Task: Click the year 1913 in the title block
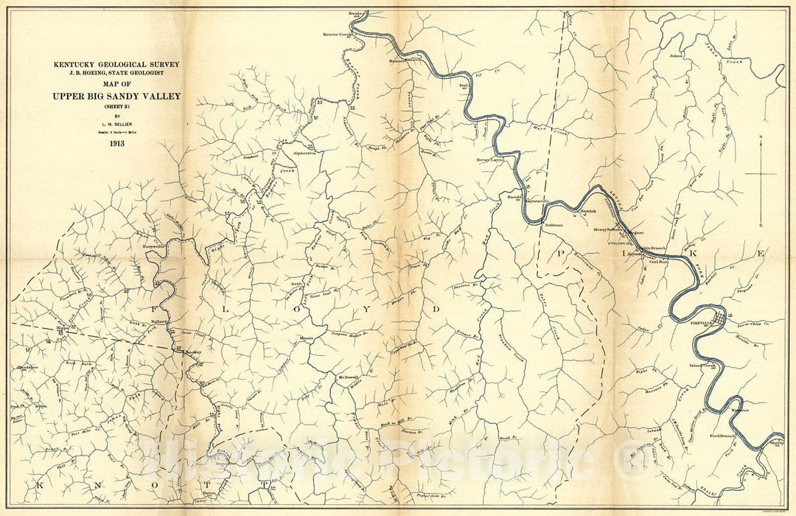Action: click(116, 143)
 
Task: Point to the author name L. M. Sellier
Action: click(116, 124)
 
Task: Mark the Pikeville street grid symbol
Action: click(718, 318)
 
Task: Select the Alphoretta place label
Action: click(304, 154)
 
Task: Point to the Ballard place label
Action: click(159, 322)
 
